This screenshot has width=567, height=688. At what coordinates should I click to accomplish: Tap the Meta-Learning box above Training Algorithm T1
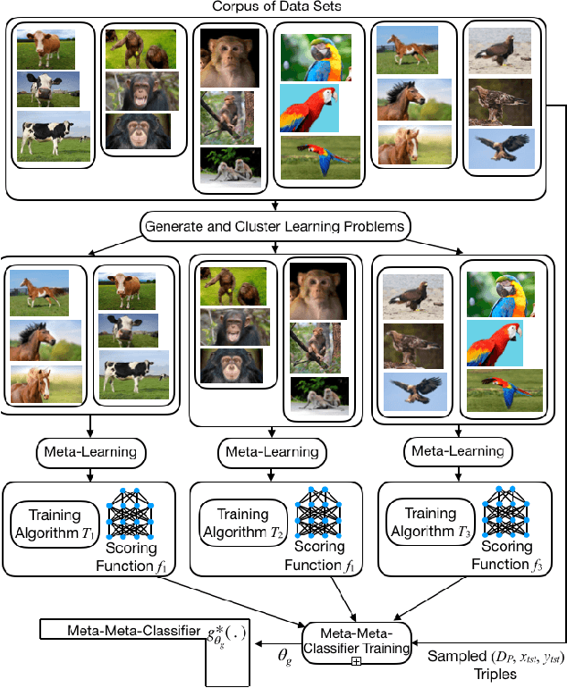click(87, 452)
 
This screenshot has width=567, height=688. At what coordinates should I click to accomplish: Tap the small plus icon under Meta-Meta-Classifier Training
click(356, 661)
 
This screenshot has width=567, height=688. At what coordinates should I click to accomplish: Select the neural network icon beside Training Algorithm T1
click(132, 512)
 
